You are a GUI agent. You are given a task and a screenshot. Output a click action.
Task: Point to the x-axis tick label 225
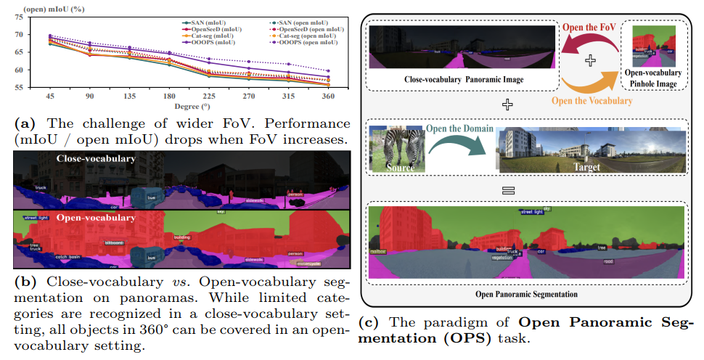pyautogui.click(x=208, y=96)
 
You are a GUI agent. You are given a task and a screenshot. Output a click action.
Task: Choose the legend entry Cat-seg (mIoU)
pyautogui.click(x=211, y=36)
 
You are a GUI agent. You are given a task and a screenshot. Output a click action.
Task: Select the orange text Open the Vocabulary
pyautogui.click(x=593, y=101)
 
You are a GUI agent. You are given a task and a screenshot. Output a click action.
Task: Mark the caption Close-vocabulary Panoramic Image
pyautogui.click(x=464, y=78)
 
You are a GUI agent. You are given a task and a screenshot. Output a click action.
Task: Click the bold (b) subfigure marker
pyautogui.click(x=25, y=280)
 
